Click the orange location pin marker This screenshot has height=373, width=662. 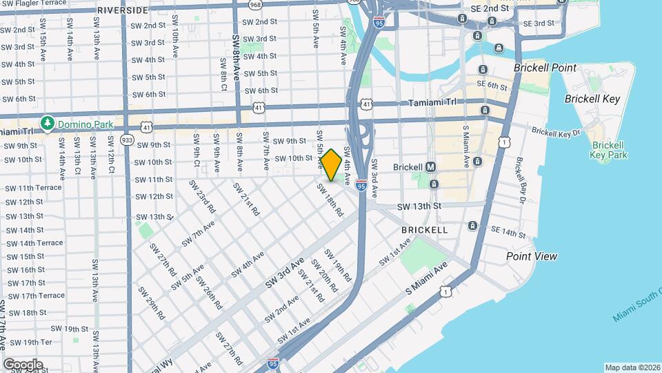tap(332, 164)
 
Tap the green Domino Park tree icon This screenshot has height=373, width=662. tap(48, 123)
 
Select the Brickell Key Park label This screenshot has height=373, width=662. tap(608, 150)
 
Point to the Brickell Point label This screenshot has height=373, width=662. tap(545, 68)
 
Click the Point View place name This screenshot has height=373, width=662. tap(531, 256)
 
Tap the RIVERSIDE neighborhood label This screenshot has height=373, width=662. tap(122, 10)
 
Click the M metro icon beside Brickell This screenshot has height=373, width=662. tap(431, 167)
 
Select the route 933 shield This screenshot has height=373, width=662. tap(127, 140)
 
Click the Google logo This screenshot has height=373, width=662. tap(23, 364)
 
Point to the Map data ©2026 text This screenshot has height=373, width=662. tap(632, 367)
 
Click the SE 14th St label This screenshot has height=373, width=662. tap(508, 234)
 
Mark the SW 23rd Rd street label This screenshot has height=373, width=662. tap(206, 201)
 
